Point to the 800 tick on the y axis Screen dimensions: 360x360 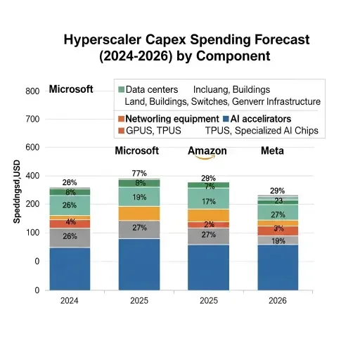[32, 91]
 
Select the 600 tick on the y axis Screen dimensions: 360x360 [32, 148]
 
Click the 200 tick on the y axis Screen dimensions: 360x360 [32, 204]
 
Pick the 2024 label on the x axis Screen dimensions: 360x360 [70, 301]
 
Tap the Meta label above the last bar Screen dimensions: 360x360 [273, 151]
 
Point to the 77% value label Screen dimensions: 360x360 [139, 174]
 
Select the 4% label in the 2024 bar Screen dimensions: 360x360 [70, 222]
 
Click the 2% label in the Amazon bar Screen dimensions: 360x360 [208, 224]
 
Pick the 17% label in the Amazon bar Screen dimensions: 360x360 [208, 202]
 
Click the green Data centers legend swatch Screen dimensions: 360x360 [122, 91]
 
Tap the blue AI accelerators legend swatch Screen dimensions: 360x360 [226, 119]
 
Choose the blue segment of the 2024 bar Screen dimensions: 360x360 [70, 268]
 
